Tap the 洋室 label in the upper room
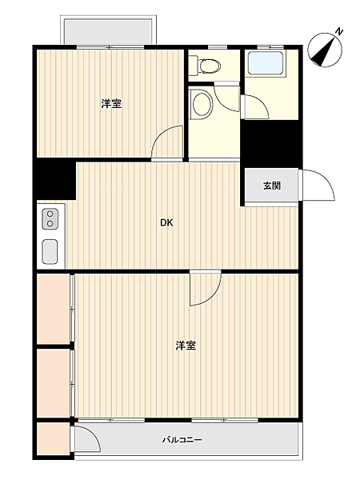pos(111,104)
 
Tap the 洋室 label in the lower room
pos(186,346)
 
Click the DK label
pos(166,222)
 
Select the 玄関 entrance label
pos(271,186)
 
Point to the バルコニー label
pos(182,440)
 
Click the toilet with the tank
pos(209,65)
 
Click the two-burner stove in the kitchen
pos(50,218)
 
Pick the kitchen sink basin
pos(50,250)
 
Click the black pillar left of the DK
pos(54,180)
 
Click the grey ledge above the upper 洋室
pos(109,31)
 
